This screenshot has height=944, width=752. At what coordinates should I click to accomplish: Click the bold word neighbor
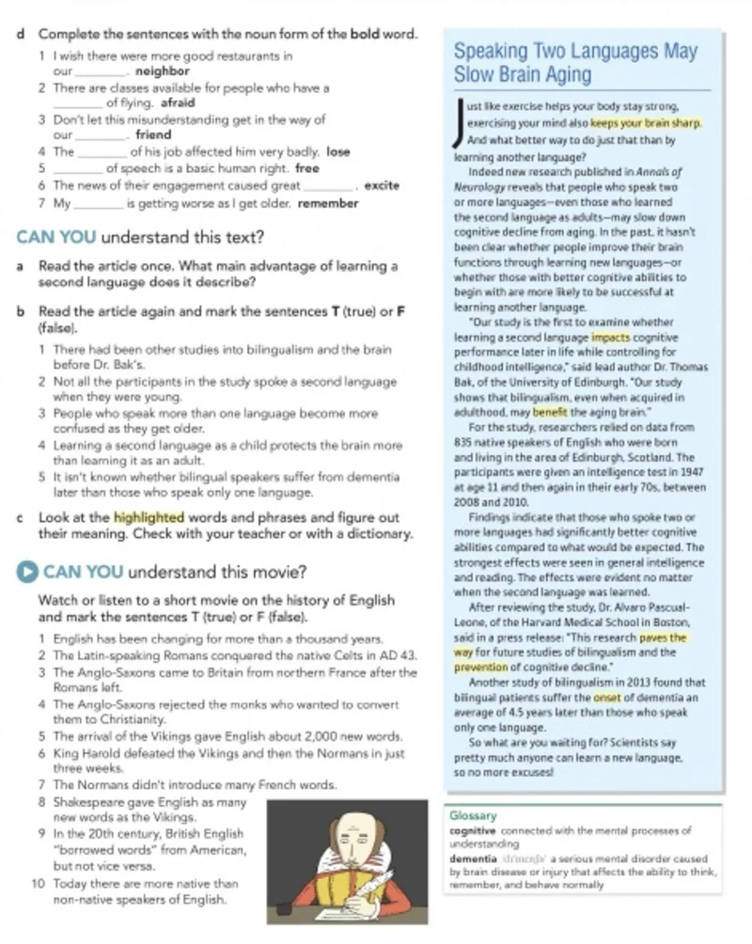click(163, 71)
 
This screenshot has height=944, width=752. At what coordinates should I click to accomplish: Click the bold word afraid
click(179, 103)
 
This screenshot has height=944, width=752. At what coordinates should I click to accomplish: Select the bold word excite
click(381, 185)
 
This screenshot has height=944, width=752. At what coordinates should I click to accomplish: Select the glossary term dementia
click(472, 859)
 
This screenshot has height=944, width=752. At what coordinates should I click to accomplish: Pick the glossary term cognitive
click(472, 830)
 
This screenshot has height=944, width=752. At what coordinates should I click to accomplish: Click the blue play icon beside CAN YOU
click(29, 572)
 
